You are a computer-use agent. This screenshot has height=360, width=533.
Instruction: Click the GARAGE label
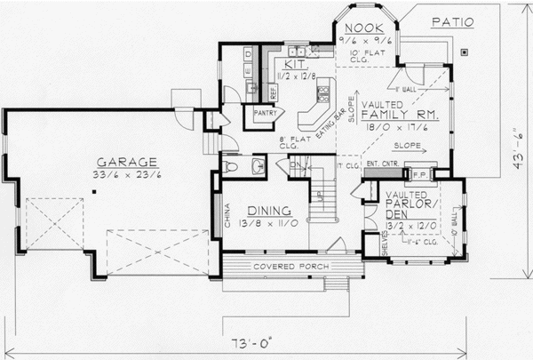[x=127, y=162]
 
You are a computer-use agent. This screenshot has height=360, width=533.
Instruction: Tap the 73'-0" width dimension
[x=251, y=340]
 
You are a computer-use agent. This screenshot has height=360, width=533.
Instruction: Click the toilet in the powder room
[x=233, y=165]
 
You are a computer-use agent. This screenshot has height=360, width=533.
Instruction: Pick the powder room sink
[x=257, y=165]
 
